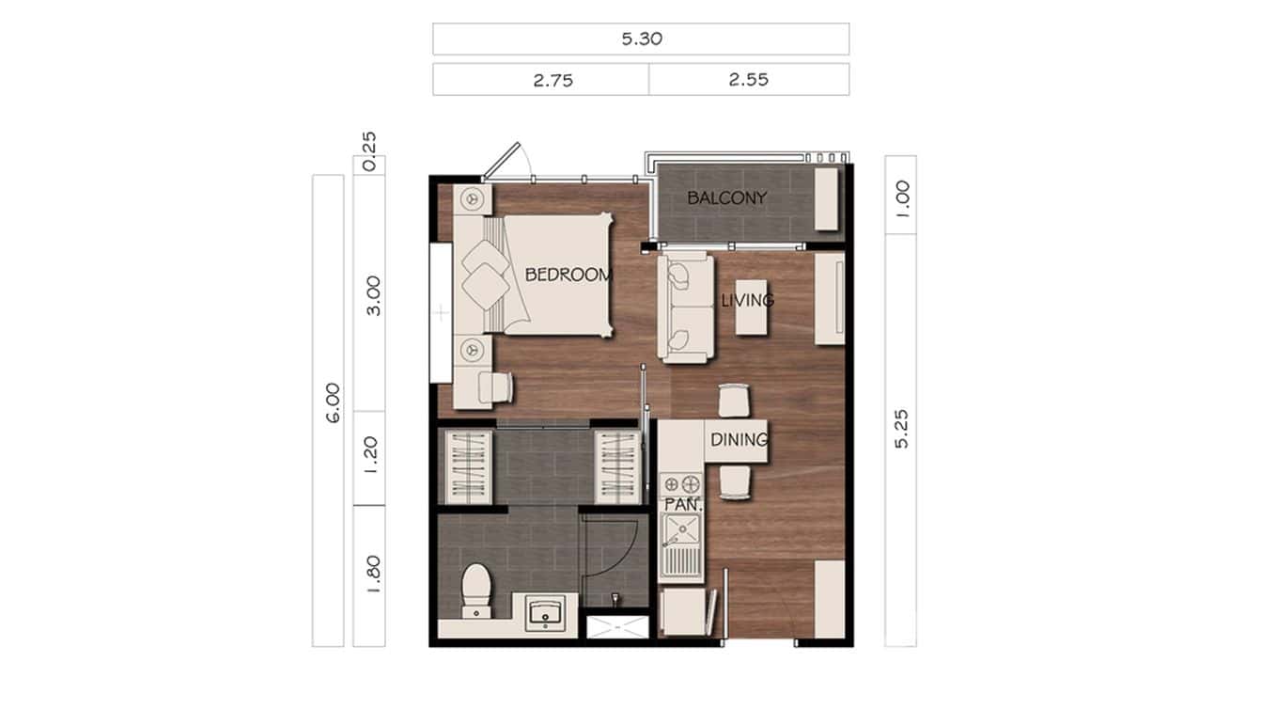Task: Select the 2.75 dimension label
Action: pyautogui.click(x=553, y=80)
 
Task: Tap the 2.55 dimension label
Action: pyautogui.click(x=748, y=80)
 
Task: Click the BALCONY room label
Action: pyautogui.click(x=726, y=198)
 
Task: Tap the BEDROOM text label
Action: pyautogui.click(x=568, y=276)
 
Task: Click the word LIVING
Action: pyautogui.click(x=747, y=301)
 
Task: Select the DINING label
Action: pyautogui.click(x=739, y=439)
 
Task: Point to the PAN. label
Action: pyautogui.click(x=678, y=505)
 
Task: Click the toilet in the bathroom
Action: pyautogui.click(x=475, y=588)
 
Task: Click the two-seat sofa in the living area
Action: pyautogui.click(x=683, y=307)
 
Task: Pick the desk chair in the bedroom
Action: pyautogui.click(x=497, y=386)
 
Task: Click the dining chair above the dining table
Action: pyautogui.click(x=734, y=400)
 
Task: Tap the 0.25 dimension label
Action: pyautogui.click(x=369, y=150)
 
